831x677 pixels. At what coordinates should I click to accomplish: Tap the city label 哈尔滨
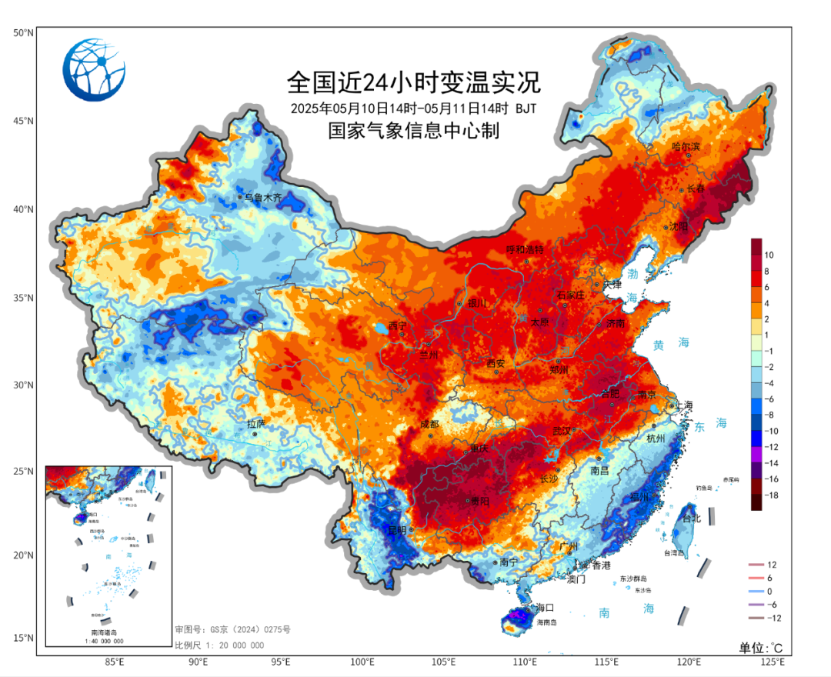click(x=686, y=146)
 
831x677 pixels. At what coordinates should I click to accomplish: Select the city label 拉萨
click(x=255, y=423)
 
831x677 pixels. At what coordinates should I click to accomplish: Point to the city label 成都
click(x=429, y=424)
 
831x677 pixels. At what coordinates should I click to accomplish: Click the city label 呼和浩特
click(x=525, y=250)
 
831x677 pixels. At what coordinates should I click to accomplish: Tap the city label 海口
click(x=546, y=607)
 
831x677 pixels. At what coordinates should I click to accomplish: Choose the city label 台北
click(x=692, y=518)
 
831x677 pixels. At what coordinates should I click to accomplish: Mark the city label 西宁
click(x=398, y=325)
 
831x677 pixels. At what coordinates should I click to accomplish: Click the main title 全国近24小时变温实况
click(x=413, y=81)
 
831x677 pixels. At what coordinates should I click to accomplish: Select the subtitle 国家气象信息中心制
click(x=413, y=131)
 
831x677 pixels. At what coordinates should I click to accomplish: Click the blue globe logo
click(x=94, y=70)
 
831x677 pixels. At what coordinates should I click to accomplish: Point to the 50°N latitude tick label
click(x=22, y=33)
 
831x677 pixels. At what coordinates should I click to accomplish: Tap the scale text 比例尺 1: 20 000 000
click(x=219, y=645)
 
